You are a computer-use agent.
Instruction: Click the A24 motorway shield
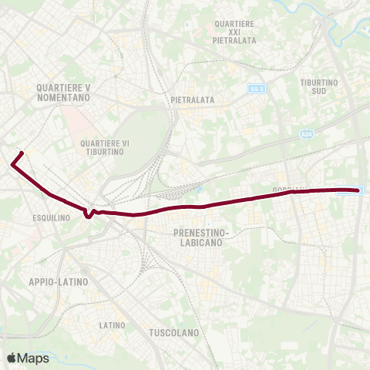[x=306, y=133]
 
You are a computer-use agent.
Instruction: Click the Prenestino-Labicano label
[x=198, y=237]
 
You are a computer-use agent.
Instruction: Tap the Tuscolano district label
[x=173, y=333]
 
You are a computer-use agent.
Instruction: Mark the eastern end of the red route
[x=357, y=190]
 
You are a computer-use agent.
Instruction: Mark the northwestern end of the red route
[x=22, y=153]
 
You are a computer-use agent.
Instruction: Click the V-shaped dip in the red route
[x=89, y=215]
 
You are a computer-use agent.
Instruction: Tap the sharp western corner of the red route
[x=12, y=163]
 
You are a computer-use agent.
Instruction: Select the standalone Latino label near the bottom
[x=112, y=325]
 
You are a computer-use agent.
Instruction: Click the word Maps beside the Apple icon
[x=35, y=358]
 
